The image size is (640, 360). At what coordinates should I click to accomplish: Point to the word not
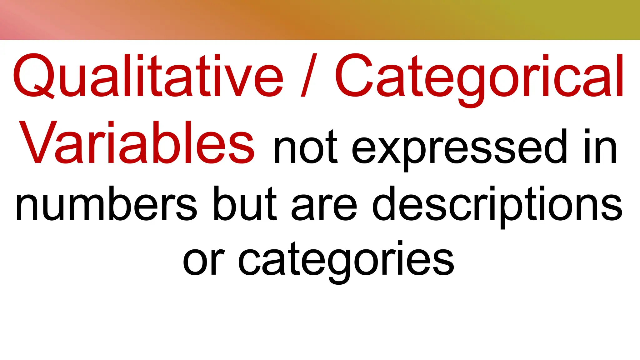click(306, 147)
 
